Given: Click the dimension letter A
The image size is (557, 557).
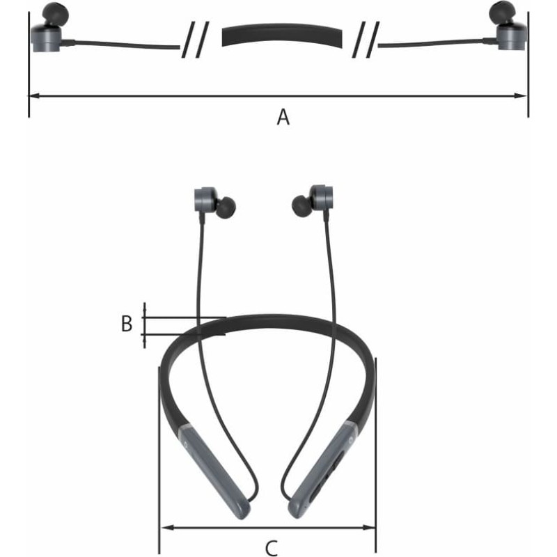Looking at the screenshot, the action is [283, 117].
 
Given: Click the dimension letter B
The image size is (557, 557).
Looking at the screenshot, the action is [127, 324].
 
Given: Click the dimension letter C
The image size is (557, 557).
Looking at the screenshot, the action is [272, 548].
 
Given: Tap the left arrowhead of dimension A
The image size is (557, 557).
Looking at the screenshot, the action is [35, 95].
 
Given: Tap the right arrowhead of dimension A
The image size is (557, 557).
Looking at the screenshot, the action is [521, 95].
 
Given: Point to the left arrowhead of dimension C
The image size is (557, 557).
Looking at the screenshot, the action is [167, 528].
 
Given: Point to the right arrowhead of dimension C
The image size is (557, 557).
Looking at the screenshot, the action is [369, 528].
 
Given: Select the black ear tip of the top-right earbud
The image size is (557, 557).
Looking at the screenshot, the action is [502, 13].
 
